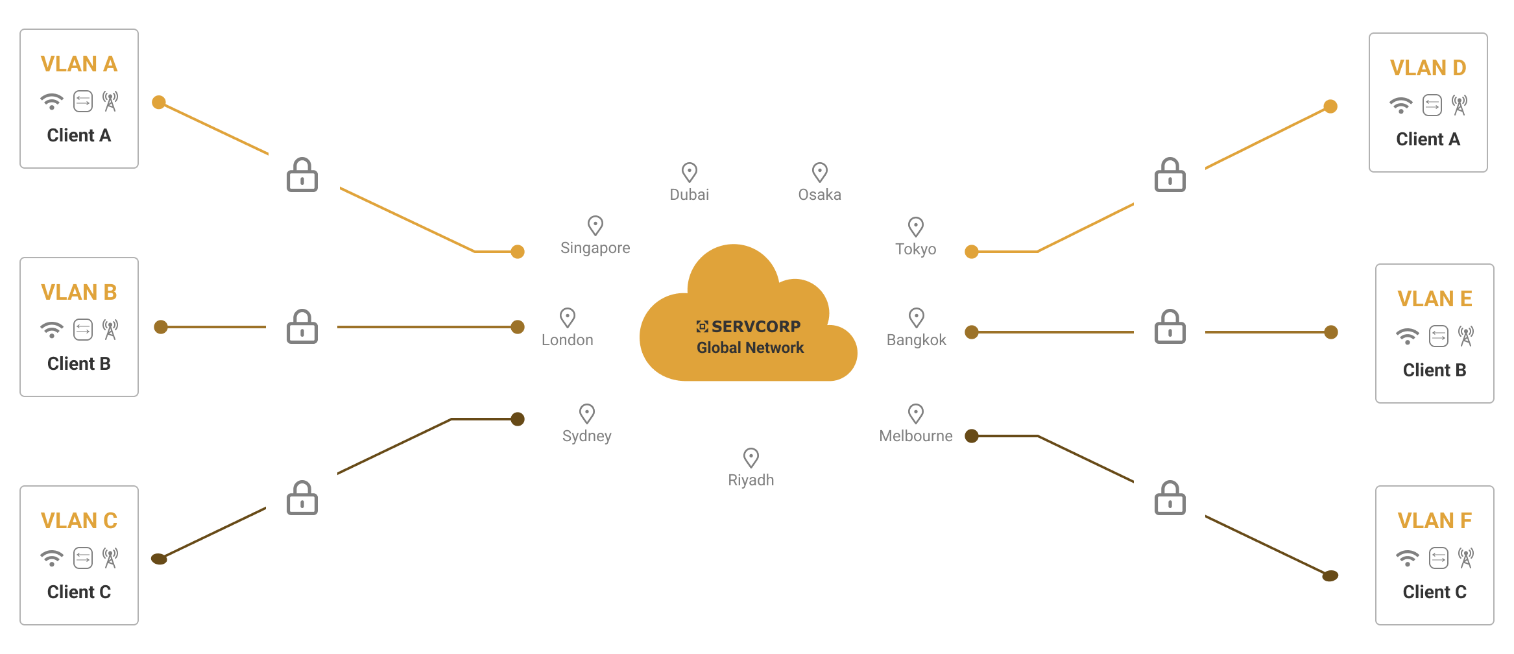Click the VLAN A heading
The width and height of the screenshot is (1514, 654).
click(x=79, y=64)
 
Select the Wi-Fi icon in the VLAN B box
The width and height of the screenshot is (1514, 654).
click(x=52, y=330)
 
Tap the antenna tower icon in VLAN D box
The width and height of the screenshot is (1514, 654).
click(x=1460, y=105)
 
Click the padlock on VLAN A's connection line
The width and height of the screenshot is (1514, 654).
click(x=302, y=175)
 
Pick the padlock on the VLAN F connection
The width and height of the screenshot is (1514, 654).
click(x=1170, y=498)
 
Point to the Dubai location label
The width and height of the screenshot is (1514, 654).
click(x=690, y=195)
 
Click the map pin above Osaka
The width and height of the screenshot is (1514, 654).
click(x=820, y=173)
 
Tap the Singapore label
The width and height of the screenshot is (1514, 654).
click(x=595, y=248)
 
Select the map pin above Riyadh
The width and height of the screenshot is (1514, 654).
click(x=751, y=458)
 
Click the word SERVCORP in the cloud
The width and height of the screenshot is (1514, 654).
click(x=756, y=326)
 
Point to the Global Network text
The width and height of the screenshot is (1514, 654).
click(x=751, y=348)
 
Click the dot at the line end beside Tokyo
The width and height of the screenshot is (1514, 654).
click(x=972, y=252)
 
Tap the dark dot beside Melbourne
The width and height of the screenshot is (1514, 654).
click(x=972, y=436)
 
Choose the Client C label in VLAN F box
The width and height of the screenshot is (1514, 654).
click(x=1435, y=592)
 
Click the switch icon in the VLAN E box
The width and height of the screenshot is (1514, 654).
click(x=1439, y=336)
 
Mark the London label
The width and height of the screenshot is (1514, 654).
click(x=568, y=340)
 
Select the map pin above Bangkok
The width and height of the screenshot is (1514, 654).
click(x=917, y=318)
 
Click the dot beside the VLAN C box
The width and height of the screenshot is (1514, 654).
click(x=159, y=559)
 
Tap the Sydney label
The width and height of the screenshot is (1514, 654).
click(x=587, y=436)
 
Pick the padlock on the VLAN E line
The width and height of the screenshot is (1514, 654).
click(x=1170, y=326)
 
